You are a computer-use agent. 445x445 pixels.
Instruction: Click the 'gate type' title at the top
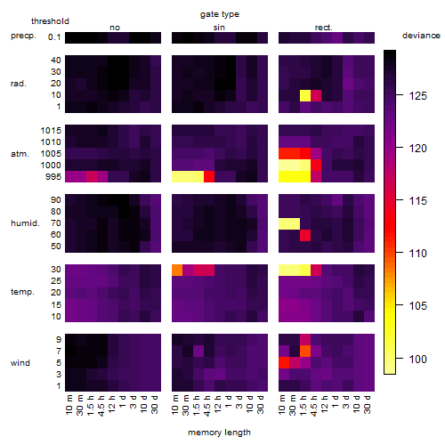(220, 14)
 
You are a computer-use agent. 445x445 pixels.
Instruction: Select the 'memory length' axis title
(219, 433)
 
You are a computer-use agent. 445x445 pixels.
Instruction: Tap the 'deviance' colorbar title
(421, 36)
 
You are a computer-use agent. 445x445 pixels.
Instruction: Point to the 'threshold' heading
(50, 21)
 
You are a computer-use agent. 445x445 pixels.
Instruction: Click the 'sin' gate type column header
(219, 28)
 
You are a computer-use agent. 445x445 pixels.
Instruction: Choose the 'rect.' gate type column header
(323, 28)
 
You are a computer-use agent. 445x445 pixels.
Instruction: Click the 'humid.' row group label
(25, 223)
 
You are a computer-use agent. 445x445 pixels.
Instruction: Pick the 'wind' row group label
(20, 363)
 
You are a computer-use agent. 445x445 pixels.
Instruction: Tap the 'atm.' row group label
(20, 154)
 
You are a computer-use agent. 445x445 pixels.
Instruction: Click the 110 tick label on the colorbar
(417, 254)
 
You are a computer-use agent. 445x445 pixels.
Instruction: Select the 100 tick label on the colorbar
(417, 359)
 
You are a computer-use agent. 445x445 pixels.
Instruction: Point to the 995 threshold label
(53, 177)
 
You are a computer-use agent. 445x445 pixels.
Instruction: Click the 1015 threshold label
(51, 131)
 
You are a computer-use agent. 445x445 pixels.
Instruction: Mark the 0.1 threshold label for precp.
(54, 37)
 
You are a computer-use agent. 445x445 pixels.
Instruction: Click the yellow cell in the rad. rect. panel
(305, 95)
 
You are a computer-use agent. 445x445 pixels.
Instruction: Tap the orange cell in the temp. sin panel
(177, 271)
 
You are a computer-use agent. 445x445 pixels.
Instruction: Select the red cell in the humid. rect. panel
(305, 235)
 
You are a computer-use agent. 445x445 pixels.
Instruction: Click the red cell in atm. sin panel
(209, 177)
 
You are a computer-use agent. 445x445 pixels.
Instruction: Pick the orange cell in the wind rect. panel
(305, 351)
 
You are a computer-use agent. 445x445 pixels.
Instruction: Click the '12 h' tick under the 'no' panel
(112, 404)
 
